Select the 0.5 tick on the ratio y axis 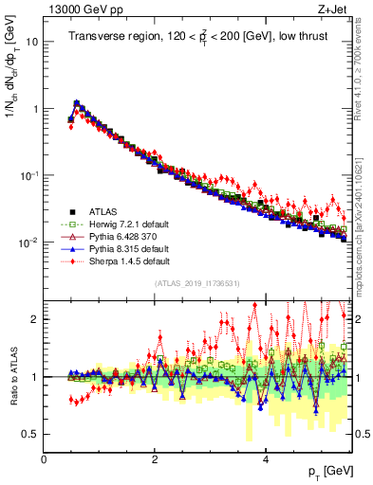(31, 434)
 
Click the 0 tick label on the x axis (44, 460)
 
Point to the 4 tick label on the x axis (266, 460)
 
